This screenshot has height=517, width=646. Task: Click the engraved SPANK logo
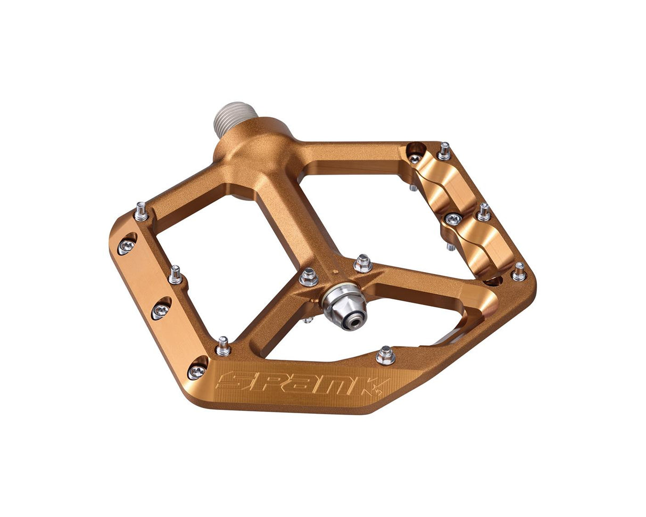click(303, 383)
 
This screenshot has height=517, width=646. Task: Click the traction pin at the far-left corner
click(141, 211)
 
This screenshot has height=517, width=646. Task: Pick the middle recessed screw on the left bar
click(161, 309)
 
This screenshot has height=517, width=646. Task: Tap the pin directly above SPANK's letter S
click(223, 346)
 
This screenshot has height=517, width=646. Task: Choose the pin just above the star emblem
click(385, 355)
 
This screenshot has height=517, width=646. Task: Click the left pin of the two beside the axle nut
click(309, 276)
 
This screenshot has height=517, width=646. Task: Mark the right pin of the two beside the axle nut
click(363, 263)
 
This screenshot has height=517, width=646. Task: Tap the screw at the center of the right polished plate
click(453, 218)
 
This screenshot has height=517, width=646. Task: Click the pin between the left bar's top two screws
click(176, 275)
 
